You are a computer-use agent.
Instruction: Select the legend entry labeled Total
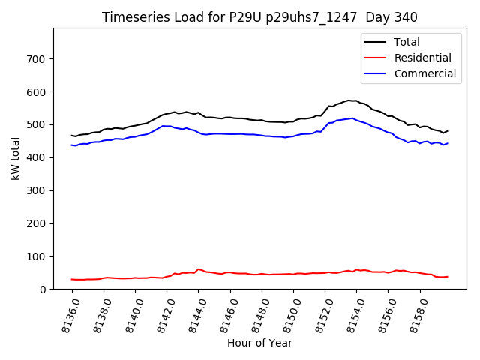(x=406, y=42)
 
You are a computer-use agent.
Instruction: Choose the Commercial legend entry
(x=424, y=73)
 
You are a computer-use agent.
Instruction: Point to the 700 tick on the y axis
(x=37, y=58)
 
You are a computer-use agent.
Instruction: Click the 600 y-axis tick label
(x=37, y=91)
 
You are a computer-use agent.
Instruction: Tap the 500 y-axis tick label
(x=37, y=124)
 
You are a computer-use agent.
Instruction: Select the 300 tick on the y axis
(x=37, y=190)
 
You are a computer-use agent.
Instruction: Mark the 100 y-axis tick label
(x=37, y=256)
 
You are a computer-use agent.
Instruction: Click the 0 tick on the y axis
(x=43, y=289)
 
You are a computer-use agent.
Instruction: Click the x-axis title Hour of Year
(x=259, y=343)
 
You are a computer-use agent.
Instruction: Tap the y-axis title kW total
(x=15, y=158)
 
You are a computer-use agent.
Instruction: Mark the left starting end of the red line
(x=72, y=279)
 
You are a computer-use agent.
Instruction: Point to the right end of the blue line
(x=448, y=143)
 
